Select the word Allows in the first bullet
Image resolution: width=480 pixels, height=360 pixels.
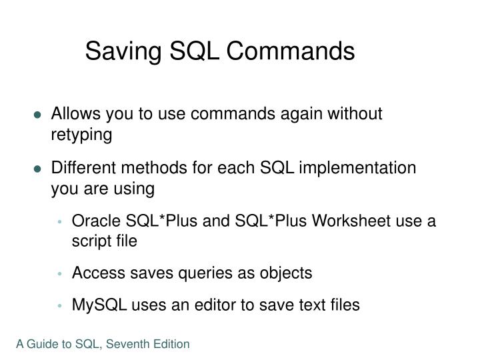tap(75, 114)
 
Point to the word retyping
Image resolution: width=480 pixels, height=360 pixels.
tap(82, 135)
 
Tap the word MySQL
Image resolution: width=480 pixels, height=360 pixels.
tap(95, 305)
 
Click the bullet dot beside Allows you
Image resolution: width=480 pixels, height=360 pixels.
tap(39, 115)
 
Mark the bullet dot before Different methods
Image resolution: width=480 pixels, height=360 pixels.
tap(39, 168)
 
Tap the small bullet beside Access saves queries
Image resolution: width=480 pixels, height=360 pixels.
tap(61, 273)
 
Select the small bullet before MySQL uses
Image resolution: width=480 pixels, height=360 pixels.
tap(61, 305)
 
